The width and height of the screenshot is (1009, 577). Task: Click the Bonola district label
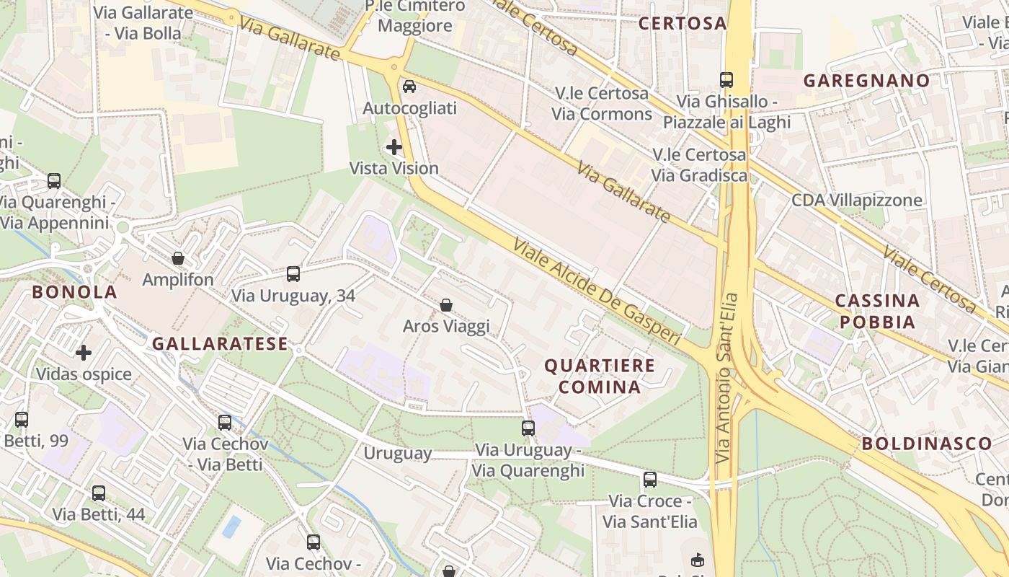[74, 292]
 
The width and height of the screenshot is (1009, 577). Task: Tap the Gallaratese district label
[220, 344]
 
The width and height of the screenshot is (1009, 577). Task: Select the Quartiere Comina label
[600, 376]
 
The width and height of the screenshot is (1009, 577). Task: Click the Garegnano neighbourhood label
[867, 80]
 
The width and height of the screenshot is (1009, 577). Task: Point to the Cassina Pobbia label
[877, 311]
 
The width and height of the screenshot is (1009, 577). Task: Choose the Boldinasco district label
[927, 444]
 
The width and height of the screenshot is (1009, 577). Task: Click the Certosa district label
[683, 23]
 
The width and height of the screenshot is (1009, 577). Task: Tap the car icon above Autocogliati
[409, 87]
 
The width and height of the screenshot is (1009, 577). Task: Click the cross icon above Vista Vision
[394, 147]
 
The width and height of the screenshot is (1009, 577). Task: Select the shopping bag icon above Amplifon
[178, 258]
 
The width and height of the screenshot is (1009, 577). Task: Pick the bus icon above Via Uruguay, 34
[293, 274]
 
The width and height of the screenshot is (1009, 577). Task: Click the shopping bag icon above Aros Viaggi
[446, 305]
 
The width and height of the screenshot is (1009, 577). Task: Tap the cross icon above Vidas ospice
[84, 353]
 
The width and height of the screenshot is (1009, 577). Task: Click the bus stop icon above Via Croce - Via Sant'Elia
[650, 479]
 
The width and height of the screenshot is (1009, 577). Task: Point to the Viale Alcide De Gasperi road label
[597, 291]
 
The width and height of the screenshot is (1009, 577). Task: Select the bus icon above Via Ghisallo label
[726, 80]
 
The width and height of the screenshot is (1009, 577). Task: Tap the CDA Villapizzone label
[857, 200]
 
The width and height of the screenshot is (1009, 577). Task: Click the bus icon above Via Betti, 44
[99, 493]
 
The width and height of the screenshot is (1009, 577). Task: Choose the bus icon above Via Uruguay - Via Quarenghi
[528, 428]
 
